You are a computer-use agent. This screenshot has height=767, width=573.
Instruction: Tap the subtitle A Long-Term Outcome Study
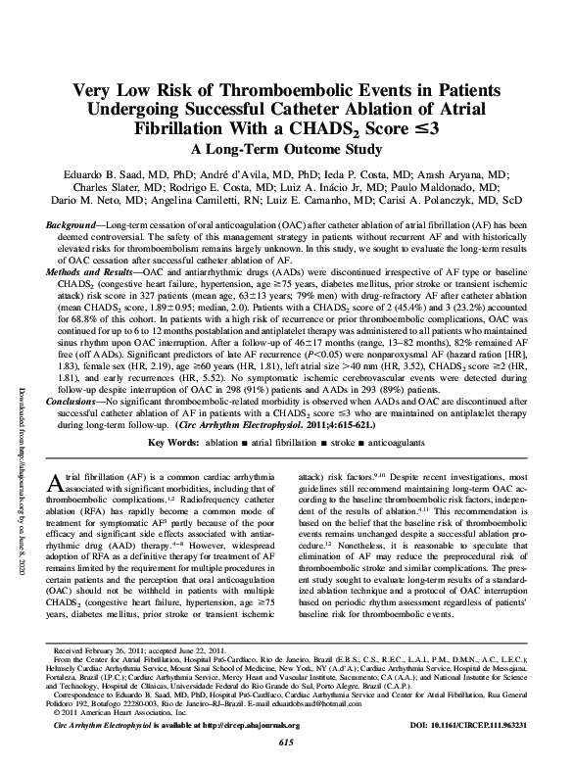(x=286, y=150)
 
